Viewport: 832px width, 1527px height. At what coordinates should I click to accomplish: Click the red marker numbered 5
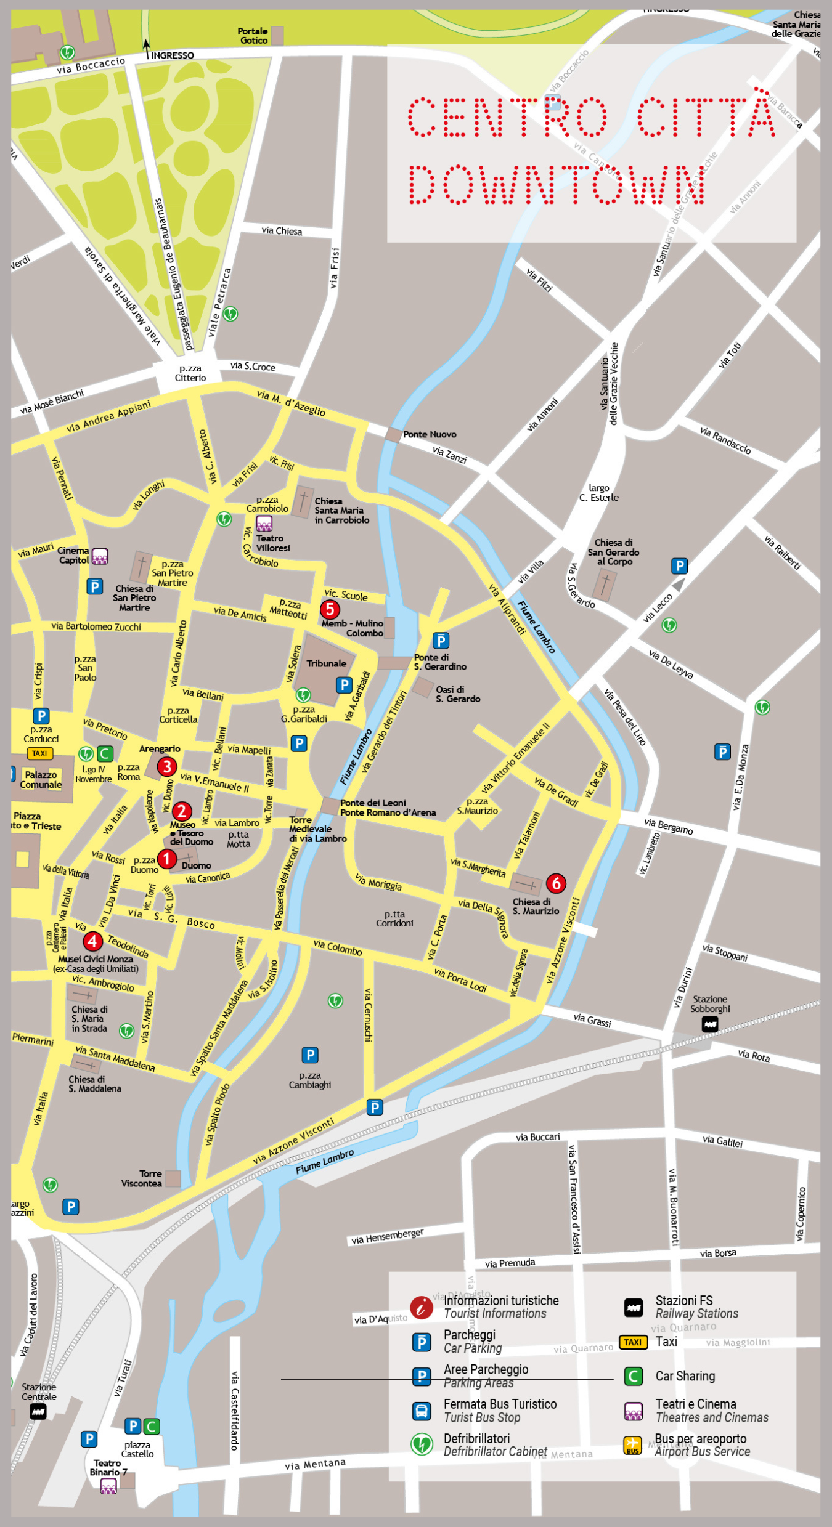[x=330, y=609]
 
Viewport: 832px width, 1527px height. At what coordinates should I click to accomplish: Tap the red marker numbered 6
[x=556, y=883]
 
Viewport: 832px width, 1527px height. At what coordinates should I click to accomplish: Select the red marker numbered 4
[x=92, y=941]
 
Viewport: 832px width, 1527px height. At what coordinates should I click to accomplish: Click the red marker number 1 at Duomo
[x=166, y=859]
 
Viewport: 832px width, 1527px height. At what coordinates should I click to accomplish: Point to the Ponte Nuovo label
[x=429, y=434]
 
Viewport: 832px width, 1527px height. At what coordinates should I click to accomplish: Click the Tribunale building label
[x=326, y=663]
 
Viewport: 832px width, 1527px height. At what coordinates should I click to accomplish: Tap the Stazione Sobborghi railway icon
[x=710, y=1024]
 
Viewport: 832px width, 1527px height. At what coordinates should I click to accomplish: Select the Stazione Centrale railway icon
[x=38, y=1411]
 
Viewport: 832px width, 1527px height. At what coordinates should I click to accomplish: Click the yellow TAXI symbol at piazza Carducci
[x=39, y=753]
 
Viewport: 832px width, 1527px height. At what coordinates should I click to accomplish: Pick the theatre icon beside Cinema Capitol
[x=100, y=556]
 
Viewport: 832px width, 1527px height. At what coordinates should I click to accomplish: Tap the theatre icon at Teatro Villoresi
[x=264, y=524]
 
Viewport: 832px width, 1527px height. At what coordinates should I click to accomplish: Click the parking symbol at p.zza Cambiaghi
[x=310, y=1055]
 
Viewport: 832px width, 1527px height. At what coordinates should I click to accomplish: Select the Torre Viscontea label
[x=142, y=1178]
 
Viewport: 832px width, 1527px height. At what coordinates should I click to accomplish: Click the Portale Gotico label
[x=253, y=36]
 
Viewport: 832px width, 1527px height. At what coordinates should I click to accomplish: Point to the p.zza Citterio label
[x=190, y=373]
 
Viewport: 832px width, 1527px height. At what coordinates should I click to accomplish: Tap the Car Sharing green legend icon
[x=634, y=1376]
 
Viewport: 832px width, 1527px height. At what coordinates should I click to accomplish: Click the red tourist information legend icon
[x=422, y=1306]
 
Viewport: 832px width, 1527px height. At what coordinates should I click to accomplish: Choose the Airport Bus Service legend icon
[x=633, y=1444]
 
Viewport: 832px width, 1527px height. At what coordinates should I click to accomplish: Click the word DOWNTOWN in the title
[x=557, y=185]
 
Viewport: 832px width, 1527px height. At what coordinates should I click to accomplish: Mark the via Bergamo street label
[x=668, y=826]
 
